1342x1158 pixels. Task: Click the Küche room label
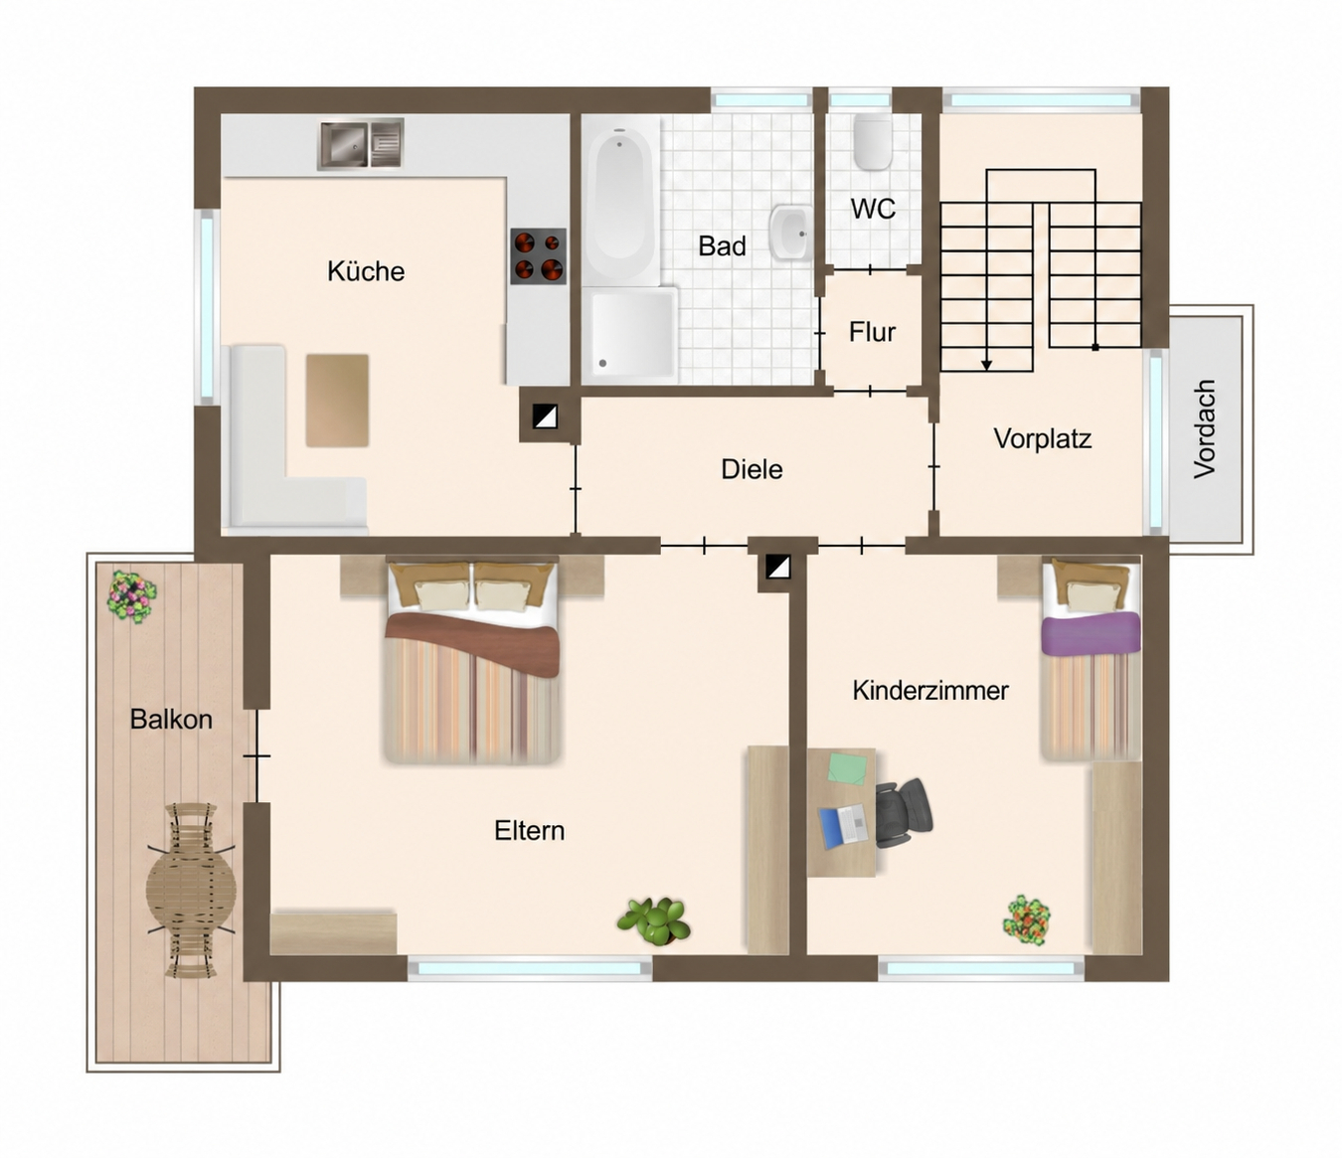pos(366,271)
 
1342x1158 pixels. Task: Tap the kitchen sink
pos(360,144)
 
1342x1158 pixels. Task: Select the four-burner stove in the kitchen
pos(538,255)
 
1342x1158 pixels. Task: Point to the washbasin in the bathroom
pos(791,233)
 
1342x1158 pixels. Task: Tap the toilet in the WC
pos(873,141)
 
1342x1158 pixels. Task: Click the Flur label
pos(872,332)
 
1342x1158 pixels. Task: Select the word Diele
pos(752,468)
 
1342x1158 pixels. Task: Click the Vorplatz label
pos(1042,439)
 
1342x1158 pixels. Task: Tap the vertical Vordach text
pos(1205,429)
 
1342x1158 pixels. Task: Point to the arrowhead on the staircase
pos(986,365)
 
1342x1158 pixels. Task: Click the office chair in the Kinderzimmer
pos(904,813)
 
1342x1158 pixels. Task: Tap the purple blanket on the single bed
pos(1090,633)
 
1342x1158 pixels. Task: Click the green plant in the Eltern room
pos(654,920)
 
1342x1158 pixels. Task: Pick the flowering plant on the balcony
pos(132,595)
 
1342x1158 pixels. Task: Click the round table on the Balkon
pos(191,890)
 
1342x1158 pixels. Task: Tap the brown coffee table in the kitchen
pos(338,401)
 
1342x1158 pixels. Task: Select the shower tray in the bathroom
pos(630,335)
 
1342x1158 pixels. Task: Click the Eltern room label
pos(529,831)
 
